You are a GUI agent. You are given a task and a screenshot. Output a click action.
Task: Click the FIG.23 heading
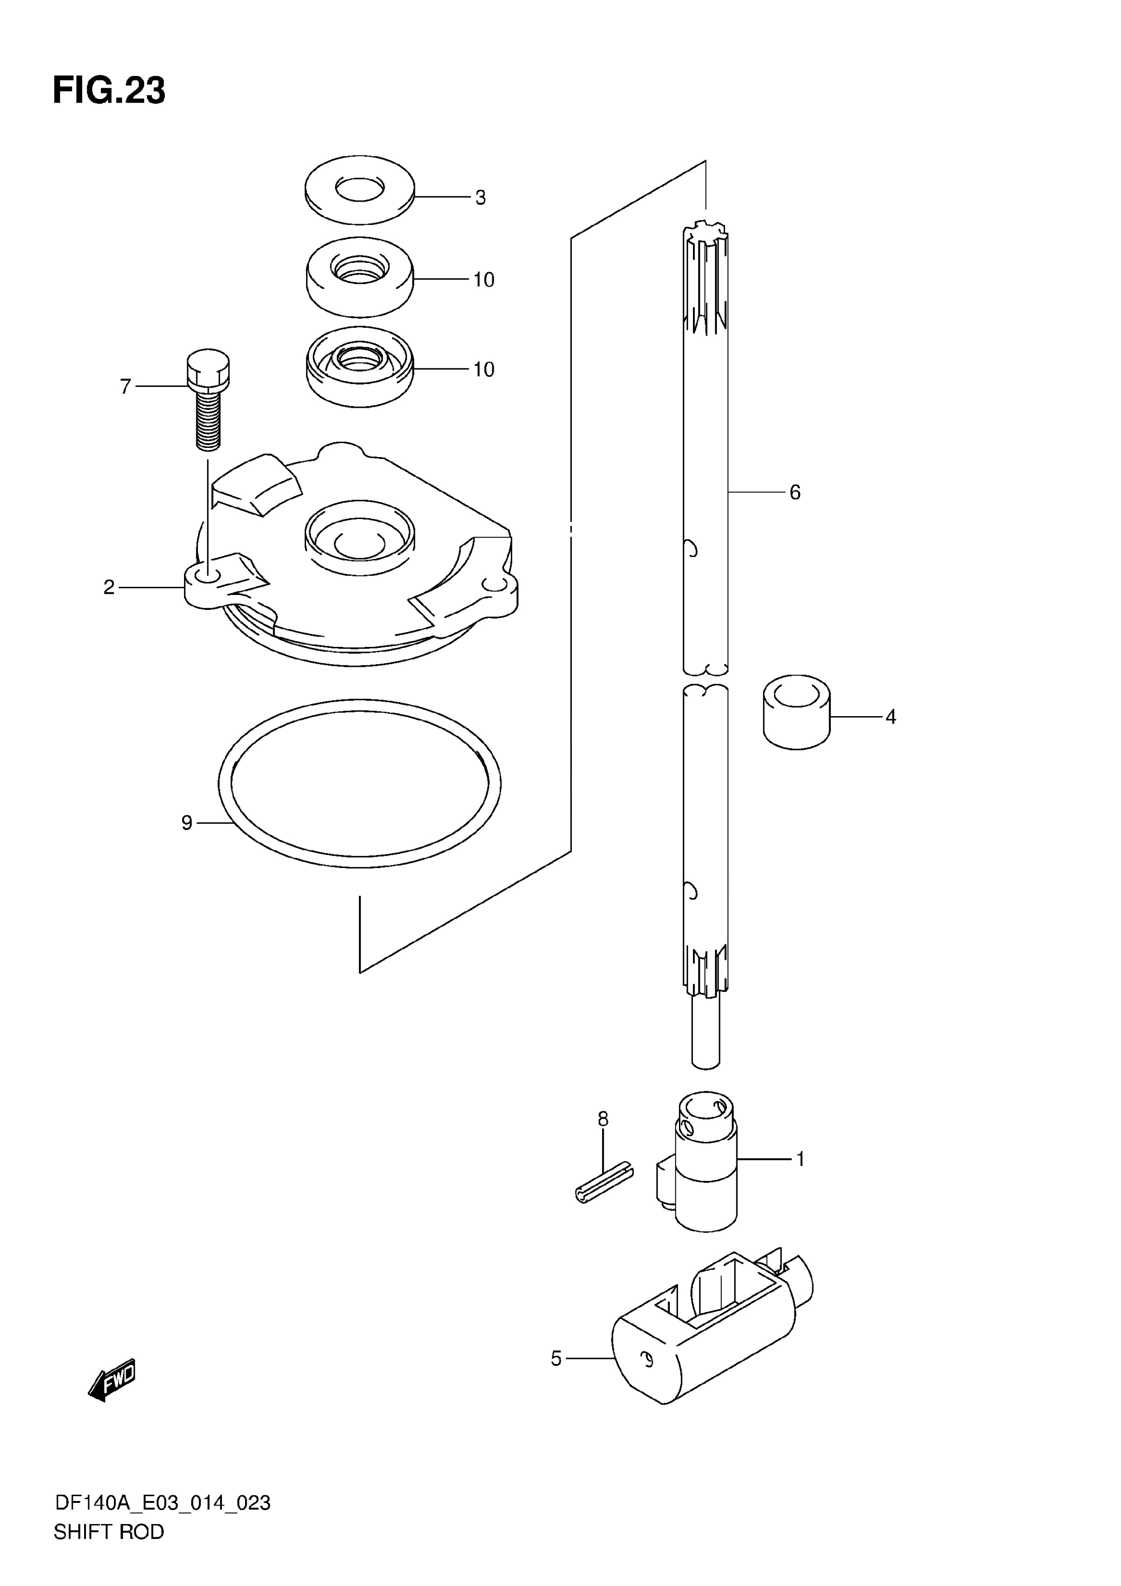point(109,91)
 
